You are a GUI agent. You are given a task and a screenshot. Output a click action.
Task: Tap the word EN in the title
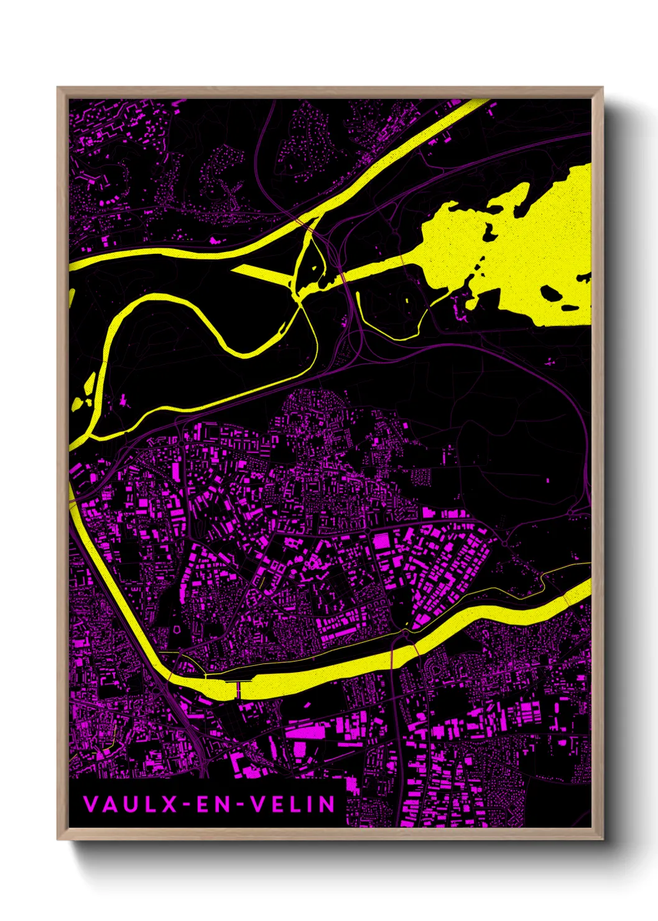[x=211, y=805]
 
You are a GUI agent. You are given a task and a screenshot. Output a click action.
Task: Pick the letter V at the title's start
[x=90, y=805]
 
